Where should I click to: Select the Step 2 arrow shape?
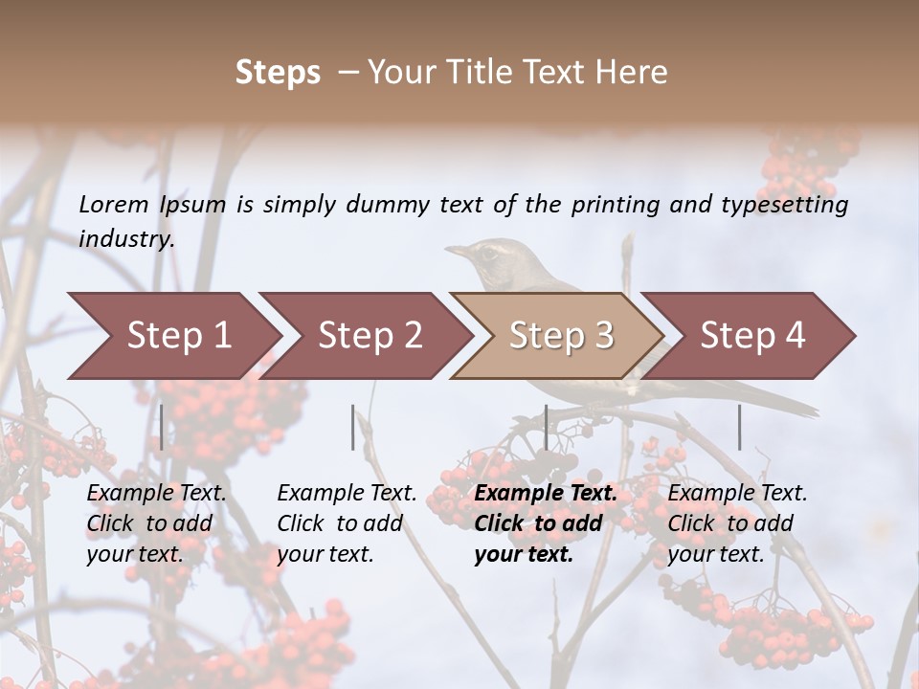pos(369,336)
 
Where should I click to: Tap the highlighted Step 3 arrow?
pos(560,336)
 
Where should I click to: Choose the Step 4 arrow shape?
pos(751,336)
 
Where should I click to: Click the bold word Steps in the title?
pos(278,73)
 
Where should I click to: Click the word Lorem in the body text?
pos(114,205)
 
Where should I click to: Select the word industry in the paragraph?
pos(126,239)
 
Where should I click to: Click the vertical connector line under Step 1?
pos(161,427)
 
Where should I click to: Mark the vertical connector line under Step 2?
pos(353,427)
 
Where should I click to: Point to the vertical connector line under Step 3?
pos(546,427)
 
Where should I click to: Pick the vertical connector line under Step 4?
pos(739,427)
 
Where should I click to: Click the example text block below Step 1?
pos(156,523)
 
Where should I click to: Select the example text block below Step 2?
pos(347,523)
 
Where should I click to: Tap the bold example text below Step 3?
pos(546,523)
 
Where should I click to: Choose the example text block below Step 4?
pos(737,523)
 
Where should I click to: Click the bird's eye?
pos(489,253)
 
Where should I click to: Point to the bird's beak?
pos(457,251)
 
